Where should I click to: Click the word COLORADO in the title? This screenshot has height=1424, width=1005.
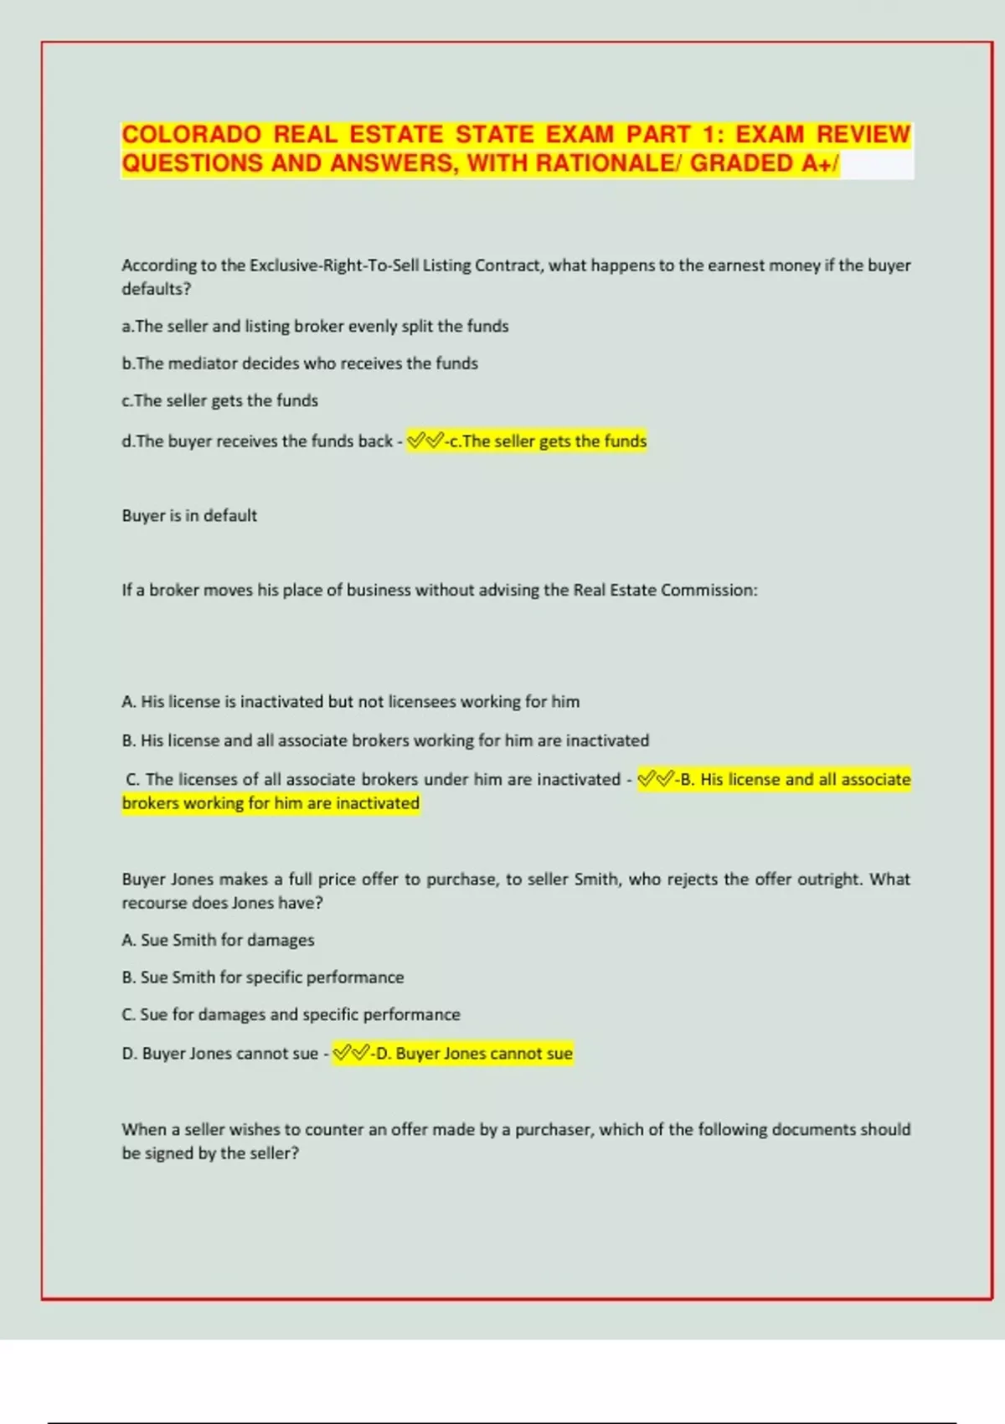coord(192,135)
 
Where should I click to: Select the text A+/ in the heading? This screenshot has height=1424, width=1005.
coord(820,163)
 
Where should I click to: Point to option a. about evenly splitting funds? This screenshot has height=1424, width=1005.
coord(315,327)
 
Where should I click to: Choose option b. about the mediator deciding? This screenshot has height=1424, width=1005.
coord(300,364)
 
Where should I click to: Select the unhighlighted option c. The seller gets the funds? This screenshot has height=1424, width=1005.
coord(220,400)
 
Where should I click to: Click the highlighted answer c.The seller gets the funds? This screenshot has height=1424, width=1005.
coord(548,441)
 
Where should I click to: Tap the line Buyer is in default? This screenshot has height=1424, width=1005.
coord(189,516)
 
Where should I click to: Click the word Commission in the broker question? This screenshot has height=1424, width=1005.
coord(708,591)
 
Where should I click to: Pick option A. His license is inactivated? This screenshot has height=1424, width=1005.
coord(351,702)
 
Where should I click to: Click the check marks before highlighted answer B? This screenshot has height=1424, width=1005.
coord(655,780)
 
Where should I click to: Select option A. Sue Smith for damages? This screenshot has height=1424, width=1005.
coord(219,941)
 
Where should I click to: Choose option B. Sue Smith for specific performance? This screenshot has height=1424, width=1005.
coord(263,978)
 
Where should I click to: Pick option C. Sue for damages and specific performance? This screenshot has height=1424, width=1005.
coord(291,1015)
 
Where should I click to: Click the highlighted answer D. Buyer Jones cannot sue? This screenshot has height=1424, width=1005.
coord(474,1054)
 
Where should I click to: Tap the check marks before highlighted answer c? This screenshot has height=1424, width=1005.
coord(424,441)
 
